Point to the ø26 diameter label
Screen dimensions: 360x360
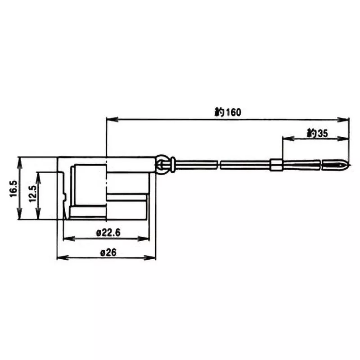pos(108,252)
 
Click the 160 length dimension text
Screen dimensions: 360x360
pos(227,112)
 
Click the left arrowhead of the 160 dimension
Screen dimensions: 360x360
pos(109,119)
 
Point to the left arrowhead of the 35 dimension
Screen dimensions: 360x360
pos(285,139)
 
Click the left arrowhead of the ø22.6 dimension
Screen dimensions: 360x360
pos(66,238)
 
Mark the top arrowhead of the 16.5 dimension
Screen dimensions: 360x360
pos(18,160)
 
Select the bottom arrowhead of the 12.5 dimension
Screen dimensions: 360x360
pos(39,216)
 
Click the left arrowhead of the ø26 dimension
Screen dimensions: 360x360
pos(59,258)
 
